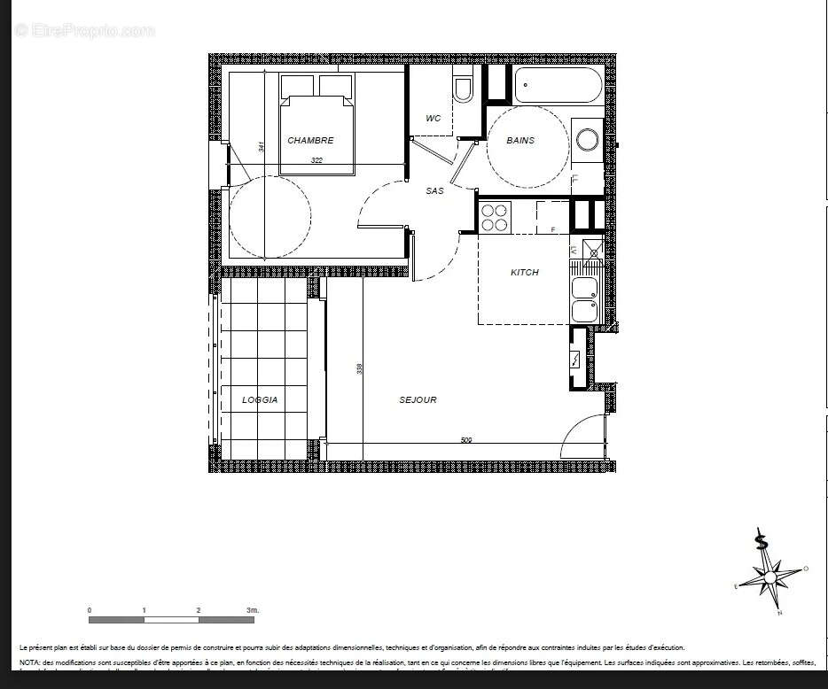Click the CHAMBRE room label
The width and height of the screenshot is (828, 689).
(310, 140)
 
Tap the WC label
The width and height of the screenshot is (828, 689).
(433, 119)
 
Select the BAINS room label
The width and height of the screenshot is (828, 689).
(520, 140)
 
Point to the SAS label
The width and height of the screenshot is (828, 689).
(434, 190)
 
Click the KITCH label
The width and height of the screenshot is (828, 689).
(525, 272)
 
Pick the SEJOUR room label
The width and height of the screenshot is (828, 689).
(418, 399)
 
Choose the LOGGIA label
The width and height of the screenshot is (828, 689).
(260, 399)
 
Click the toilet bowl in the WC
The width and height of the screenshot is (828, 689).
(462, 89)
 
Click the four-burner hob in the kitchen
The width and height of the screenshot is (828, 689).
(495, 217)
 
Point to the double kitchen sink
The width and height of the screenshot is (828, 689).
(584, 299)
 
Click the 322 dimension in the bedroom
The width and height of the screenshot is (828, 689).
(316, 160)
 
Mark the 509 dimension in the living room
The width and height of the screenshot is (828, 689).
(465, 440)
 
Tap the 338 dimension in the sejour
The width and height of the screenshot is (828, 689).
(359, 368)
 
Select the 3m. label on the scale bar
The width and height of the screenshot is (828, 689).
(252, 610)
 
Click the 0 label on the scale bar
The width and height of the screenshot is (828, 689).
(90, 610)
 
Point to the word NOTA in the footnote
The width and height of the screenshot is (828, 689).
(29, 662)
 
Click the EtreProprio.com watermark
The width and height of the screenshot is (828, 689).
(84, 30)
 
